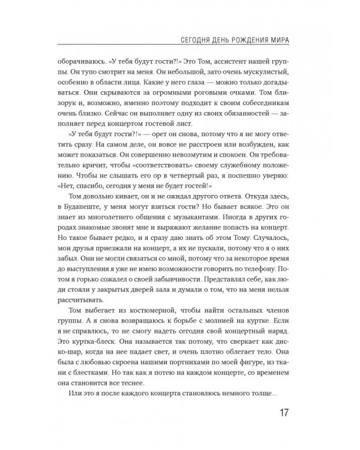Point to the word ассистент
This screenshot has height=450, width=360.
coord(225,61)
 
